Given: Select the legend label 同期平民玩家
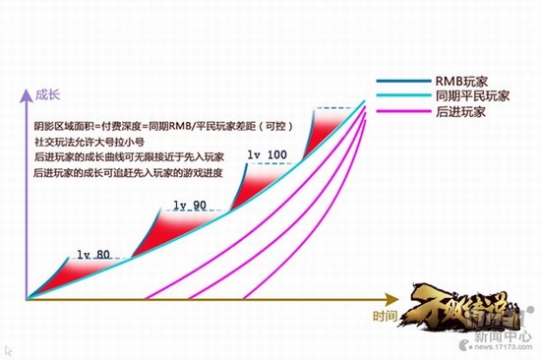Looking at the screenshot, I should coord(474,98).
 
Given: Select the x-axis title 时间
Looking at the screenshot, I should coord(387,316).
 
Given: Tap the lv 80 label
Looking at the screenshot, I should coord(93,254).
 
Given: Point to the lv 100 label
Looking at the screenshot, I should coord(267,154).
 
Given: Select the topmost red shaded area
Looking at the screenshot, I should coord(324,129).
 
